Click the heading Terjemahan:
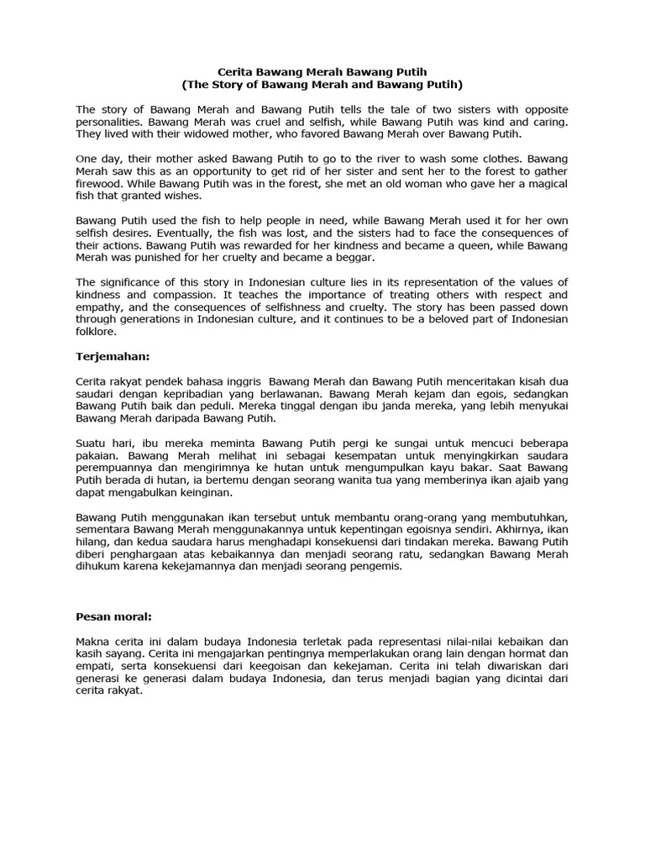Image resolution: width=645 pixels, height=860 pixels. click(x=113, y=356)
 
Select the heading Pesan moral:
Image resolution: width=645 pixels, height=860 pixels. click(x=113, y=616)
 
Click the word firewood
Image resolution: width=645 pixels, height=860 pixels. click(x=101, y=183)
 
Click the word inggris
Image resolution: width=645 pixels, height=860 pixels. click(x=240, y=380)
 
